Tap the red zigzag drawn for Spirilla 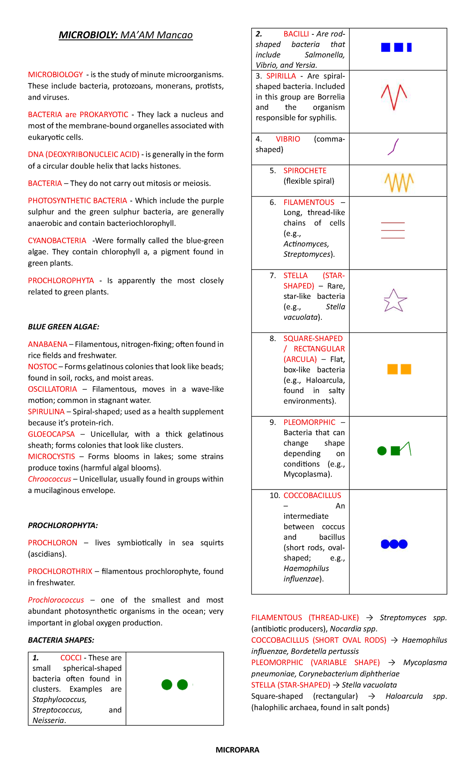pyautogui.click(x=394, y=97)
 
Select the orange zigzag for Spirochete pyautogui.click(x=399, y=182)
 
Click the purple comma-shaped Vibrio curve pyautogui.click(x=393, y=147)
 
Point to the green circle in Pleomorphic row pyautogui.click(x=382, y=451)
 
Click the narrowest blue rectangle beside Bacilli pyautogui.click(x=409, y=47)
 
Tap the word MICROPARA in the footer pyautogui.click(x=237, y=750)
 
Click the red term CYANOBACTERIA pyautogui.click(x=57, y=241)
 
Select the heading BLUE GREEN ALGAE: pyautogui.click(x=63, y=327)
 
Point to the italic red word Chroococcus pyautogui.click(x=49, y=479)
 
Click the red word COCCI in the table pyautogui.click(x=71, y=658)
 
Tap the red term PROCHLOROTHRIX pyautogui.click(x=60, y=571)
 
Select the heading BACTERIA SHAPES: pyautogui.click(x=61, y=640)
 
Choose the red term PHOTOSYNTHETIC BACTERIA pyautogui.click(x=78, y=201)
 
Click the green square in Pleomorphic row pyautogui.click(x=395, y=451)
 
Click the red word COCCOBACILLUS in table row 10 pyautogui.click(x=312, y=495)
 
